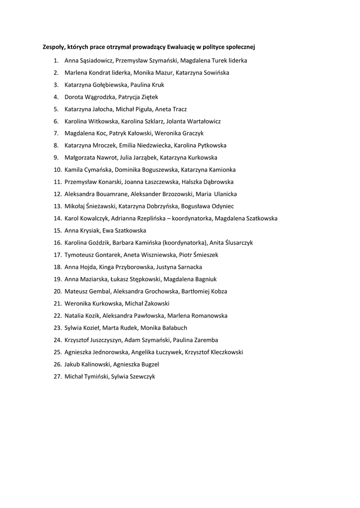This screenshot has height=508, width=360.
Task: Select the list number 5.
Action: (56, 109)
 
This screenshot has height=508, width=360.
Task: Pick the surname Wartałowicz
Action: (201, 121)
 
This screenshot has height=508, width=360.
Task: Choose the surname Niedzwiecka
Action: (154, 145)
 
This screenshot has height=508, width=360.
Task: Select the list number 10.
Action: (57, 170)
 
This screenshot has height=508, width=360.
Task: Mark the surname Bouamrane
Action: (110, 194)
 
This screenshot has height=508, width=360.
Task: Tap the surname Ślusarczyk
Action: (236, 243)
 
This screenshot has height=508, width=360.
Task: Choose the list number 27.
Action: (57, 377)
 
